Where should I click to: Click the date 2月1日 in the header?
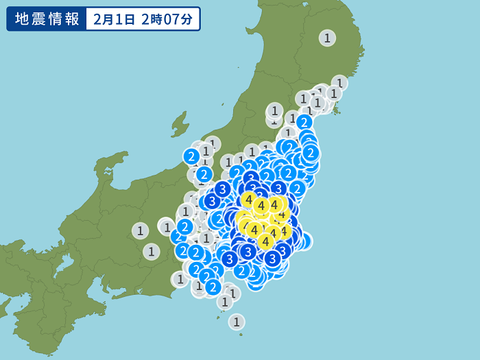point(114,19)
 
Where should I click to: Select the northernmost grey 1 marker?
point(327,38)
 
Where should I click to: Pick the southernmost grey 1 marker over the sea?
point(237,321)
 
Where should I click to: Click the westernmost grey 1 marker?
point(140,230)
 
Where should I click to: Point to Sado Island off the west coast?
point(180,125)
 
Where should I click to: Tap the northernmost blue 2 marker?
point(304,122)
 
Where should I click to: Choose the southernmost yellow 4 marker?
point(265,241)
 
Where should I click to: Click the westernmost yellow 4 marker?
point(248,200)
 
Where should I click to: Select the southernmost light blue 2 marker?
point(213,287)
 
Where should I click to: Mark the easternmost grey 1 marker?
point(339,83)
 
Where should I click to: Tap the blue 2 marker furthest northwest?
point(191,156)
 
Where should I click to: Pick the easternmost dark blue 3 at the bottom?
point(282,250)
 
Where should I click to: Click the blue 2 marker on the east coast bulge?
point(310,152)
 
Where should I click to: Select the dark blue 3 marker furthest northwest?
point(222,189)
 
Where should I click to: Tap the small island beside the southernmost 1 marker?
point(220,317)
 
